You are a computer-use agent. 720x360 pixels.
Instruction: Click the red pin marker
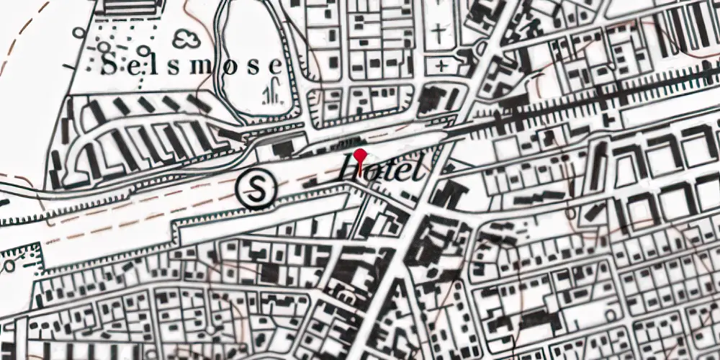[x=360, y=156]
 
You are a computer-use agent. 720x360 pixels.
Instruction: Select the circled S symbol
[x=257, y=189]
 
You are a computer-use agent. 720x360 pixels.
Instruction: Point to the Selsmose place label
[x=191, y=66]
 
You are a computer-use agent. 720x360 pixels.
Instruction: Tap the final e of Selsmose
[x=275, y=66]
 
